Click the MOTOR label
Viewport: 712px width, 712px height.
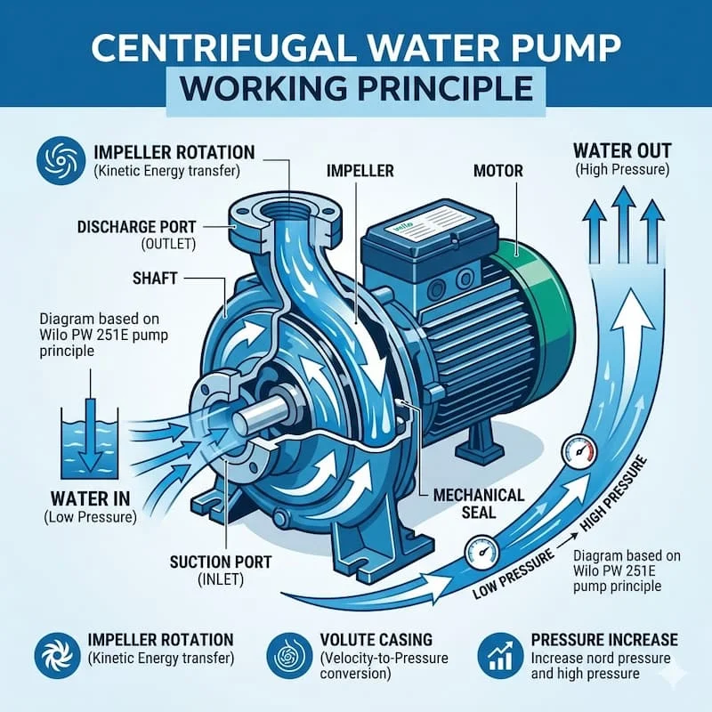coord(498,171)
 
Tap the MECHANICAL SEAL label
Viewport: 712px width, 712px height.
coord(479,504)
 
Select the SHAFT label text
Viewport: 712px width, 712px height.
coord(154,278)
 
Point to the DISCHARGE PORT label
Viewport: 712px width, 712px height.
coord(136,227)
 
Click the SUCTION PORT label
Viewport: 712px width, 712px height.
coord(220,562)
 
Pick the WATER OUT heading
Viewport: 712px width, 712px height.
coord(622,150)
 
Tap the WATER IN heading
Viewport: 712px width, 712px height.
coord(91,498)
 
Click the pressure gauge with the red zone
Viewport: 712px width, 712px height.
coord(579,451)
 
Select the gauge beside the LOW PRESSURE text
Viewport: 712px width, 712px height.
coord(481,552)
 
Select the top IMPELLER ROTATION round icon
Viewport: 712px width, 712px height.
coord(61,161)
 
